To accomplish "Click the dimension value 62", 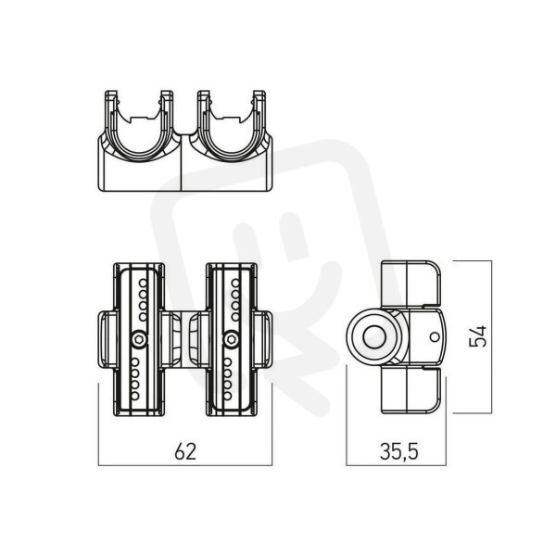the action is click(x=185, y=451).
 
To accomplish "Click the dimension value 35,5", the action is click(x=398, y=452).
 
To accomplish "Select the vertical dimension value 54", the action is click(x=478, y=337).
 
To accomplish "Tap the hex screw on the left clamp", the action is click(x=139, y=339).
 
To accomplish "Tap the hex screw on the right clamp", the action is click(x=232, y=339).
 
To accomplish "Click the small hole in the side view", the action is click(x=435, y=337).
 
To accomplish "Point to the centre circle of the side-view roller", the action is click(x=374, y=337).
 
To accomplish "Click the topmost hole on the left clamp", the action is click(x=143, y=283).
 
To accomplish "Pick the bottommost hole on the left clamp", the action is click(x=135, y=396).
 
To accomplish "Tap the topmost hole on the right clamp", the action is click(x=235, y=283).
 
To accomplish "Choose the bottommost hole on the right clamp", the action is click(x=228, y=396).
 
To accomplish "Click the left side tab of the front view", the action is click(x=106, y=339).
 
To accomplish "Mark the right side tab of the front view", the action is click(x=264, y=339).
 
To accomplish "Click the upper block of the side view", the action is click(x=411, y=284).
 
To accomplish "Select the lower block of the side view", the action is click(x=411, y=391).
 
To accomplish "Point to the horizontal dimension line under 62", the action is click(x=185, y=465).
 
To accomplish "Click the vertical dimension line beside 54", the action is click(x=491, y=337).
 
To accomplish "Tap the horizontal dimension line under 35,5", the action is click(x=396, y=465).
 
